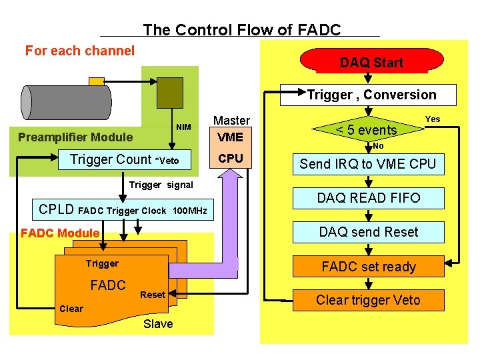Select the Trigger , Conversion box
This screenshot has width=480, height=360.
click(371, 95)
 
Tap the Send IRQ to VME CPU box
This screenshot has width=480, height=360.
click(367, 164)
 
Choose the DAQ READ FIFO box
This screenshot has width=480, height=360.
click(368, 198)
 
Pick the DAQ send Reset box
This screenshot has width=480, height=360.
click(368, 232)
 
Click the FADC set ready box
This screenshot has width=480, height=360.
click(368, 267)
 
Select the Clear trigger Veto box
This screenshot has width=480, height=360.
click(368, 300)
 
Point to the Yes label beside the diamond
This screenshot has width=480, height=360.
click(433, 119)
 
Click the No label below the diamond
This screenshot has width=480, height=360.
click(378, 146)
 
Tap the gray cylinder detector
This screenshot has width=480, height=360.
click(66, 102)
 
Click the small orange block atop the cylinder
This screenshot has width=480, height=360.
click(97, 81)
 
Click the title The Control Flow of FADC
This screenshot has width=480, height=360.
click(241, 29)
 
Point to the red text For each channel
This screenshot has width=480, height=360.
click(80, 51)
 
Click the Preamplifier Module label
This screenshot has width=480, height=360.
click(75, 137)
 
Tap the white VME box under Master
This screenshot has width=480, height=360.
click(230, 137)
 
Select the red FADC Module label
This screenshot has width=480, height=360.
click(60, 233)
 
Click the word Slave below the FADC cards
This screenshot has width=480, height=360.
click(158, 324)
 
